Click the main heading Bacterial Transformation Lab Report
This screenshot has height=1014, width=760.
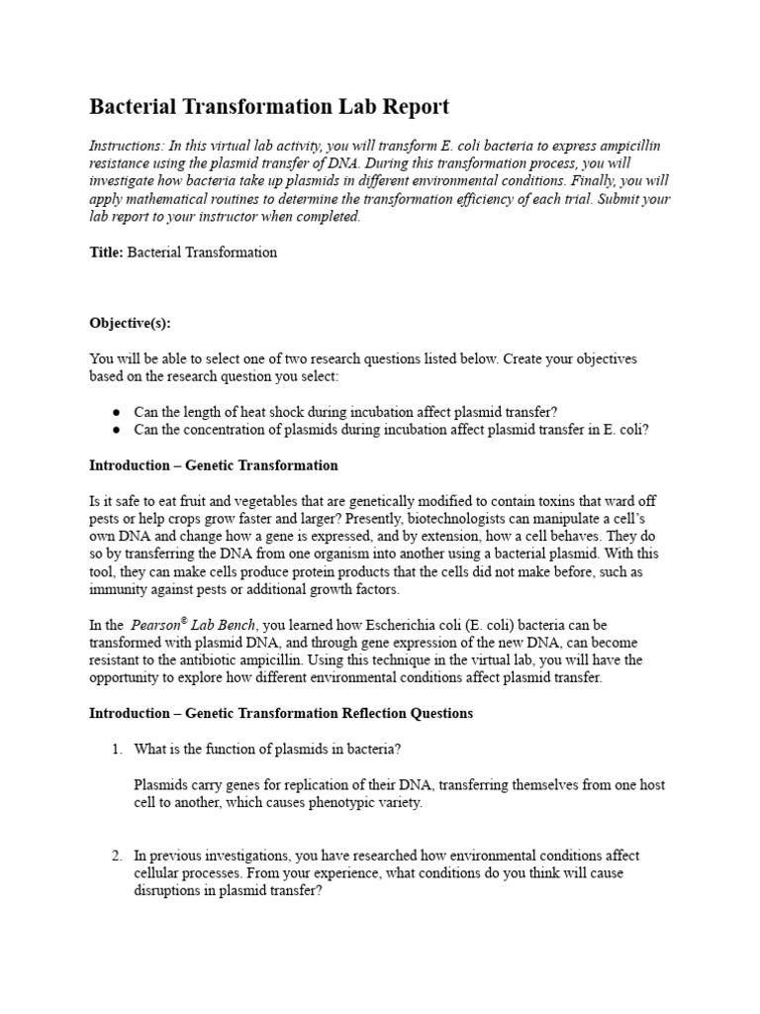[269, 107]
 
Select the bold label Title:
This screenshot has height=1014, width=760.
[106, 253]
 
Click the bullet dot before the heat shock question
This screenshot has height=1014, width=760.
[117, 412]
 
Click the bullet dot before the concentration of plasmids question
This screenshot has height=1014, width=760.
[117, 430]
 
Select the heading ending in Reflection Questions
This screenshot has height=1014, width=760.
[281, 713]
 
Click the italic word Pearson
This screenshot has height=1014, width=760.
[155, 625]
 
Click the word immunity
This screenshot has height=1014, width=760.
[120, 589]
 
